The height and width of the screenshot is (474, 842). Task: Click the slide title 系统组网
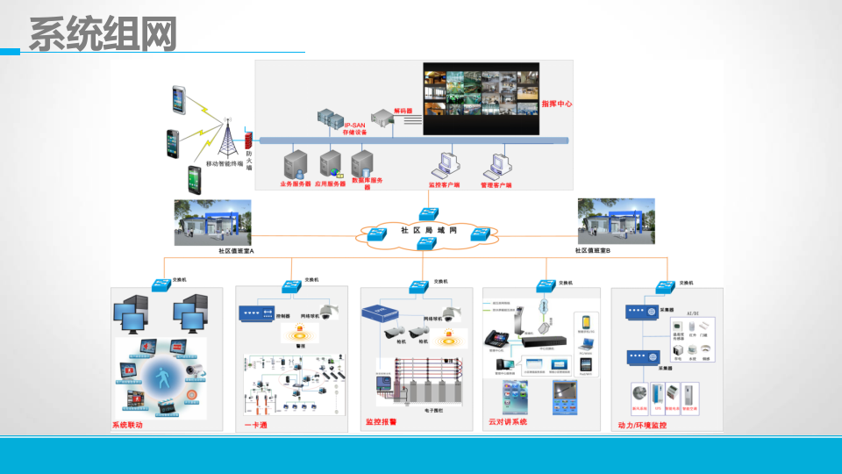pos(103,35)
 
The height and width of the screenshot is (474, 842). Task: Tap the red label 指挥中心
pos(556,104)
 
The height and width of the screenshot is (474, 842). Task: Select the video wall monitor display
pos(479,90)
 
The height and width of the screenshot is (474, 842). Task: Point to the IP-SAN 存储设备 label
pos(354,129)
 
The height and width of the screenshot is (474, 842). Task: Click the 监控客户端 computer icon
pos(445,164)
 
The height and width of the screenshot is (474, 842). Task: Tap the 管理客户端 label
pos(496,185)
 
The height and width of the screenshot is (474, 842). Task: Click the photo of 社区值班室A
pos(212,222)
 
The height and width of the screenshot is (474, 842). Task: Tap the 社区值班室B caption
pos(593,250)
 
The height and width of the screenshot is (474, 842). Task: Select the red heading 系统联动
pos(127,425)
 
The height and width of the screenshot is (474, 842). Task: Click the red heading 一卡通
pos(255,425)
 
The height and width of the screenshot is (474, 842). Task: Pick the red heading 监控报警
pos(381,422)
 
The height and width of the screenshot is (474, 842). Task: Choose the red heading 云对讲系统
pos(508,422)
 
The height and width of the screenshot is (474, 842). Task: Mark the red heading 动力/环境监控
pos(642,426)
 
